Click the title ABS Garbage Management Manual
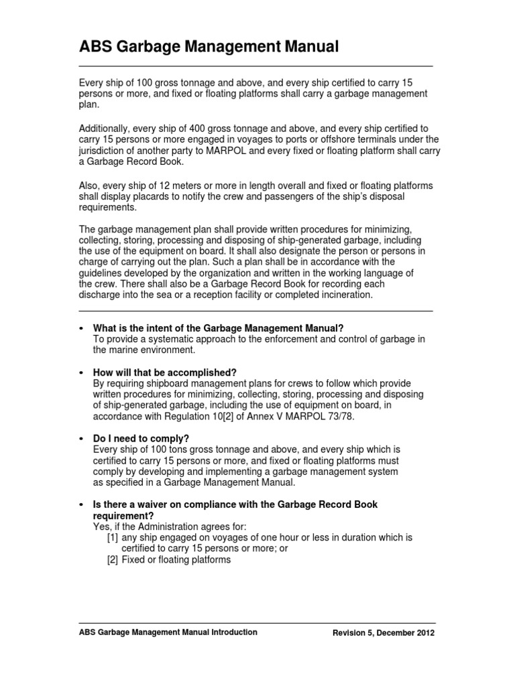coord(209,46)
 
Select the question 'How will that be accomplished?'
coord(165,372)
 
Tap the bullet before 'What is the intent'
coord(80,328)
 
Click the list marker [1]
coord(113,537)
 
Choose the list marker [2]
coord(113,560)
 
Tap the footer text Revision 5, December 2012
coord(384,633)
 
